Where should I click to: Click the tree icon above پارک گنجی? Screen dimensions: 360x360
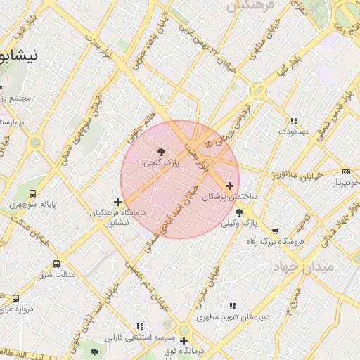point(162,151)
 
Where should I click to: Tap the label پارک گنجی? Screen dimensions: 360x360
point(162,162)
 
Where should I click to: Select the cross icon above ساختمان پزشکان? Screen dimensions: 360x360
point(229,186)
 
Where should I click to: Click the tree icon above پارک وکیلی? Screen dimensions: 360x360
point(240,212)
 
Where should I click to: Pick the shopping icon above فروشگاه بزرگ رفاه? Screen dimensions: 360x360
point(274,231)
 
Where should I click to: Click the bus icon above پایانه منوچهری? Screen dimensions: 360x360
point(32,193)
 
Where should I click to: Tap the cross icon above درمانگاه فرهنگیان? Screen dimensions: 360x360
point(117,202)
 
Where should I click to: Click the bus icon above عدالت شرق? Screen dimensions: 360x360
point(56,264)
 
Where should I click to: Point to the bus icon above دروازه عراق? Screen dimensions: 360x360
point(15,298)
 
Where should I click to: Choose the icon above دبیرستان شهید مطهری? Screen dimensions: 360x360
point(232,306)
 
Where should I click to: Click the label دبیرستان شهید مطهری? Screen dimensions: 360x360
point(233,317)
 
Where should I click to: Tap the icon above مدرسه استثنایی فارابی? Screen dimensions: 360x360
point(140,326)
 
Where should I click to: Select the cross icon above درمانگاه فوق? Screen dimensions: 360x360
point(184,341)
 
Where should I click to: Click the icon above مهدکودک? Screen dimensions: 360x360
point(294,121)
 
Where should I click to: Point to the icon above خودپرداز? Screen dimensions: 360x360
point(346,172)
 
